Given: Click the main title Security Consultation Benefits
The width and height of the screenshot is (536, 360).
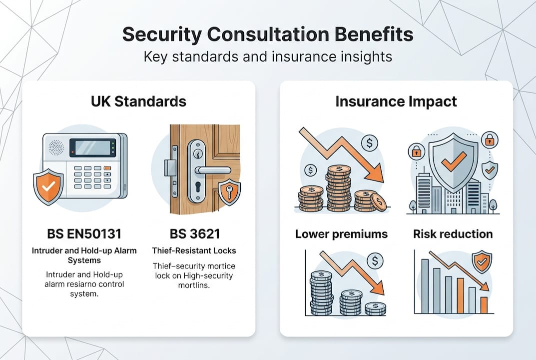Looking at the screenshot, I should (268, 35).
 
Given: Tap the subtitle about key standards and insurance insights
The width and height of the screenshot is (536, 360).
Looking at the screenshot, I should (268, 56).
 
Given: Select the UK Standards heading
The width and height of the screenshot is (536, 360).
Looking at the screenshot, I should (138, 101).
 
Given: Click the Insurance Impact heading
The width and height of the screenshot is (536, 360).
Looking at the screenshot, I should (396, 101).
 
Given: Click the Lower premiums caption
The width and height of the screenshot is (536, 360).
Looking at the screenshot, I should (341, 234).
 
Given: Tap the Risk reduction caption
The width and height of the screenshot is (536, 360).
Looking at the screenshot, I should (453, 234).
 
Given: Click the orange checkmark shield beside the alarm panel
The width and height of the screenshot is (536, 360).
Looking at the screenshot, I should (48, 186).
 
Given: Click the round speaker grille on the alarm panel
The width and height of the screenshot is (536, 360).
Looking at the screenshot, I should (56, 147).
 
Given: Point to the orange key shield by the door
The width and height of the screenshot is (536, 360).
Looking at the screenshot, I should (229, 192).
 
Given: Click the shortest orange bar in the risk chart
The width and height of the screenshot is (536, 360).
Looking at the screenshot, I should (483, 305).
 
